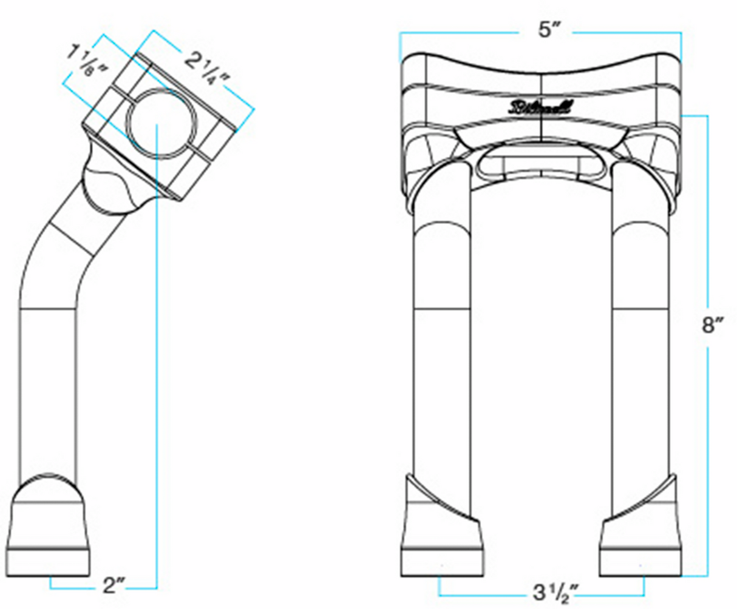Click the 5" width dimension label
(548, 31)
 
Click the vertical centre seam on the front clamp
(540, 97)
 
